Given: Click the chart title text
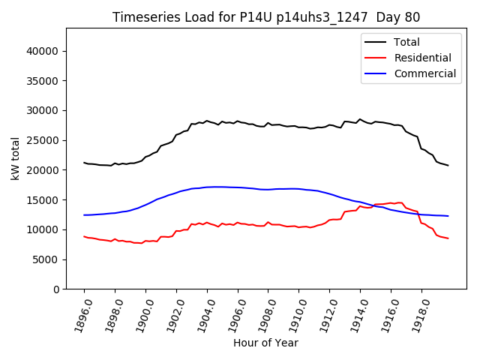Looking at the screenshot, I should [266, 17].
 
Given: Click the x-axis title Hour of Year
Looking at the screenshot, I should [265, 343].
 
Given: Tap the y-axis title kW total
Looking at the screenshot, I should [15, 158].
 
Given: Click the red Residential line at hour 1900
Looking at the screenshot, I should [145, 241].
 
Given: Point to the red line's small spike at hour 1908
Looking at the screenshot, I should [268, 222].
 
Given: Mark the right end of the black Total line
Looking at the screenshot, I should [448, 165].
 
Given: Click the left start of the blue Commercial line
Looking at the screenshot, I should [85, 215].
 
